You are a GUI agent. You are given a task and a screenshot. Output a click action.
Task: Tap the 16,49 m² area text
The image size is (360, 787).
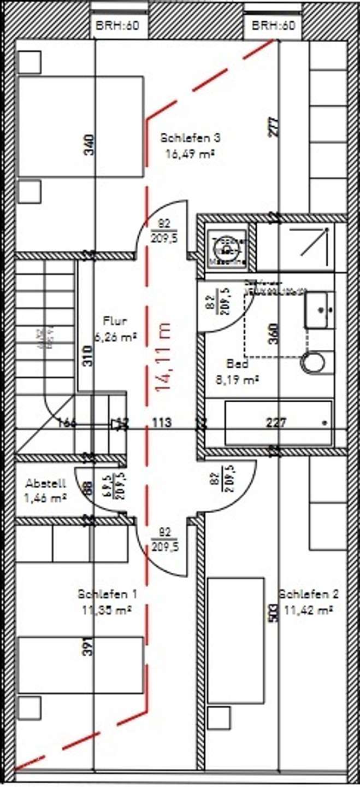point(189,154)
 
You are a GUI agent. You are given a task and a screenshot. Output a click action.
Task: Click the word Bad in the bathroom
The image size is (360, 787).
point(238,363)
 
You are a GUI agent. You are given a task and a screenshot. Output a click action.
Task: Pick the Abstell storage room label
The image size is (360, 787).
point(46,483)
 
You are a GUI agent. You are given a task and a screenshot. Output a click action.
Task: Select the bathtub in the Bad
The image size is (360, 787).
point(278,422)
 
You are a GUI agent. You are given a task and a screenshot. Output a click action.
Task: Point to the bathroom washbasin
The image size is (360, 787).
point(319,310)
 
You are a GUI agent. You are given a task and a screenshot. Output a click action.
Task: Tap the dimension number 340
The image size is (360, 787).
point(89,145)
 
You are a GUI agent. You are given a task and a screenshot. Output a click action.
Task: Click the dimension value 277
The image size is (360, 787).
point(274,127)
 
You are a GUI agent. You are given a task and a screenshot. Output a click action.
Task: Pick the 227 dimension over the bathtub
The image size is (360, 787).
point(275,422)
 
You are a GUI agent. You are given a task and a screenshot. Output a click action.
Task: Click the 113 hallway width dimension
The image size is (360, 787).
point(162,422)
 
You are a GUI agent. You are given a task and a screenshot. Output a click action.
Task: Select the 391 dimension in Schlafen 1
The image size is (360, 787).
point(89,648)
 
